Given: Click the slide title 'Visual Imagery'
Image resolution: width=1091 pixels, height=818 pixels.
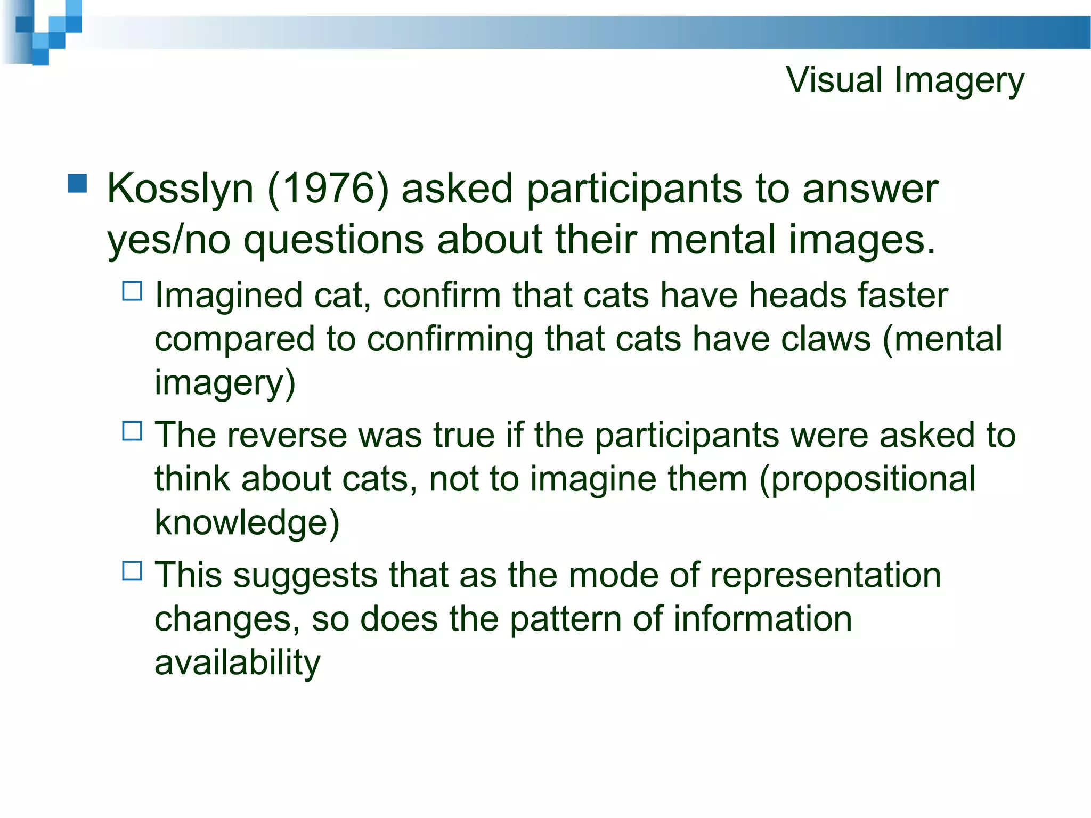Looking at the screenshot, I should tap(905, 81).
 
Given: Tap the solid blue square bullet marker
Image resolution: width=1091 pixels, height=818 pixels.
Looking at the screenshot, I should tap(78, 183).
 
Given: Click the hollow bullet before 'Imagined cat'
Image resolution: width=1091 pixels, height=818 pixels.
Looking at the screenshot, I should tap(132, 291).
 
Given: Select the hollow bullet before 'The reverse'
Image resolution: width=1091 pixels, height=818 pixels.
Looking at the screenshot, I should tap(132, 431).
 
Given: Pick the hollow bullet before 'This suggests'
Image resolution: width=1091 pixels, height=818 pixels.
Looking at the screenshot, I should tap(132, 571).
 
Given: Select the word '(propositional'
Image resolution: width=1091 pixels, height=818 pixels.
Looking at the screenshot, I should tap(867, 479).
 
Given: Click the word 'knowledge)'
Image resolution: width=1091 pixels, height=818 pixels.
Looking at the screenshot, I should tap(247, 522).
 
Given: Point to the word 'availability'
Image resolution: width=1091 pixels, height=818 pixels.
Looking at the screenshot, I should tap(238, 662).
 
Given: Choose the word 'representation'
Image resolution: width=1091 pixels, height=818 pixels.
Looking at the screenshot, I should tap(825, 575).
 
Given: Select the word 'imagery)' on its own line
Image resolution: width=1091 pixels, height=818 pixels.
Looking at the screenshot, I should tap(225, 382).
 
